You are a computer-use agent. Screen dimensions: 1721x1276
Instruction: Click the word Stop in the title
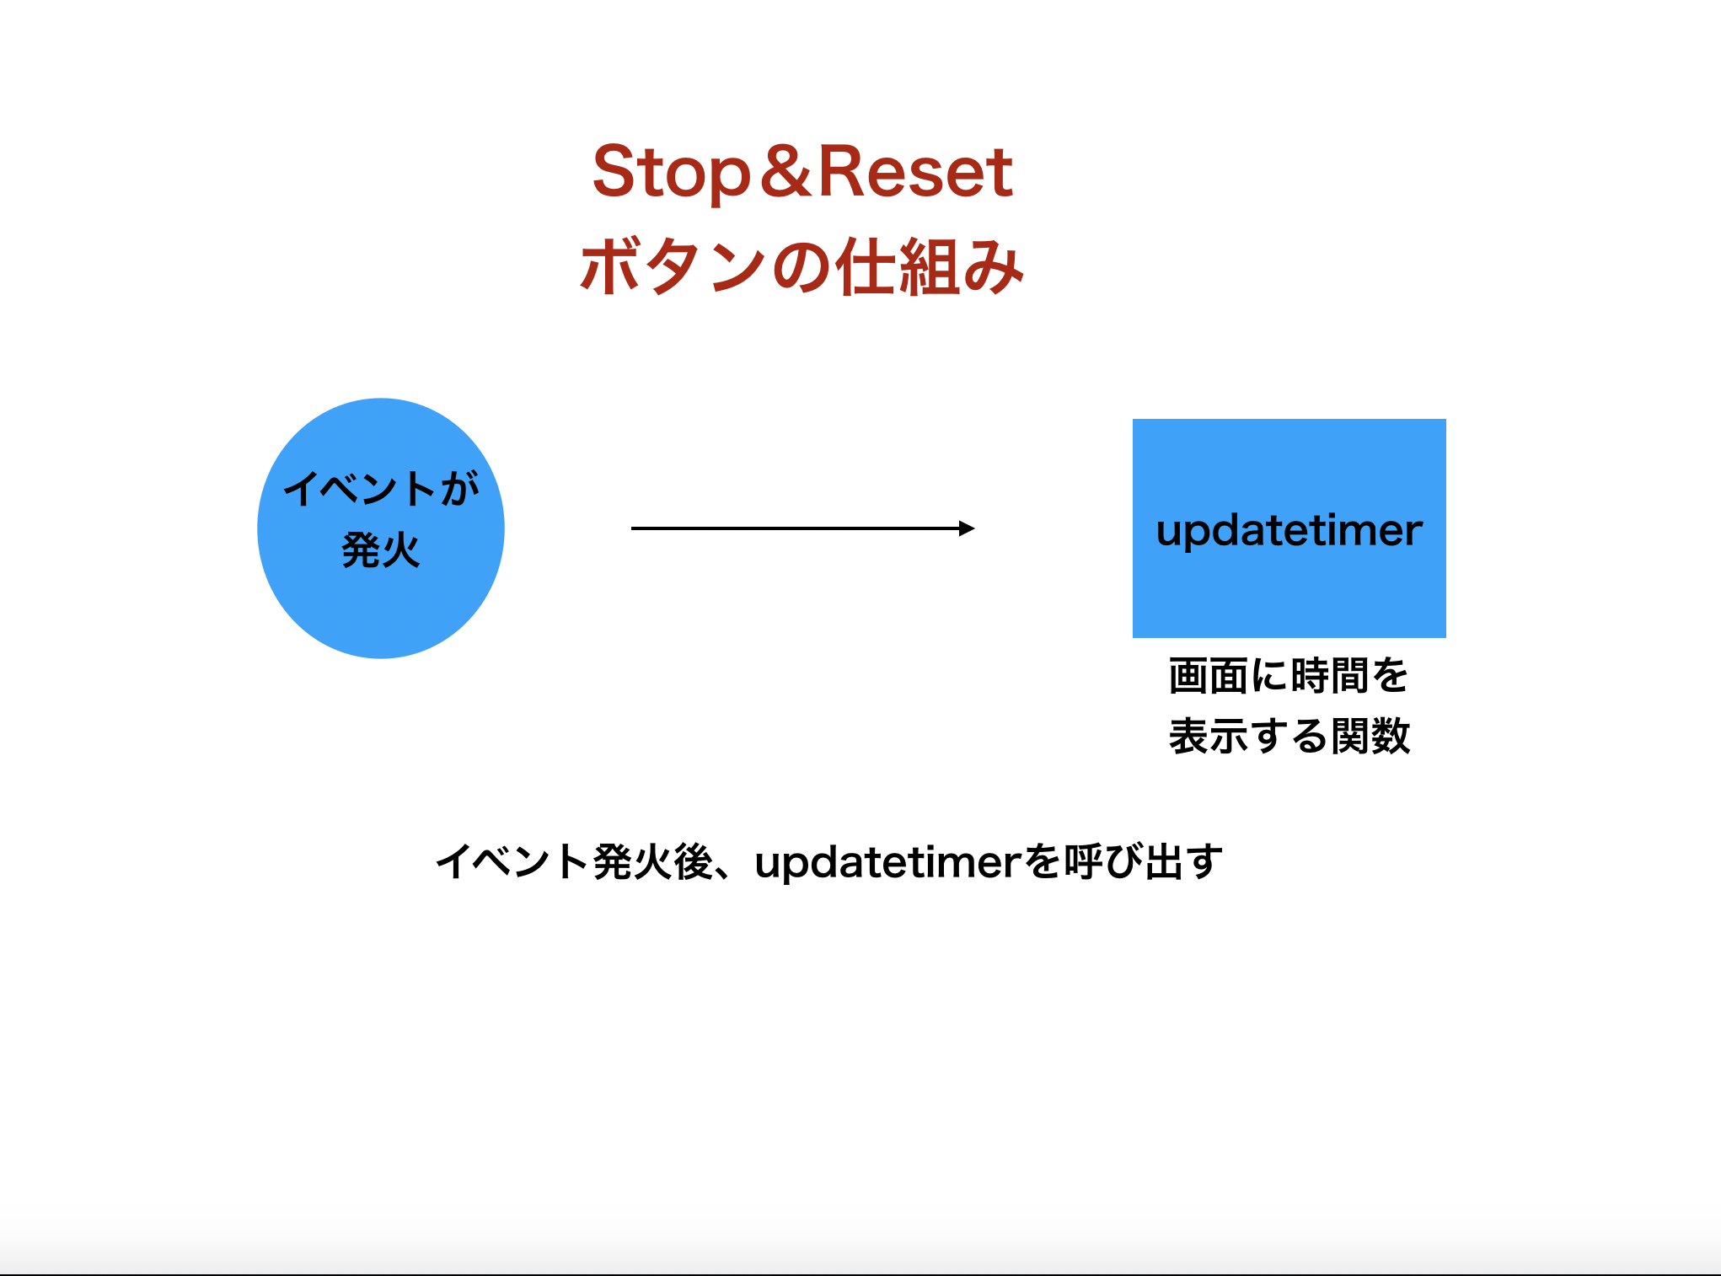[671, 173]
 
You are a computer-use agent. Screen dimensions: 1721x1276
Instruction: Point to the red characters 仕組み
[930, 266]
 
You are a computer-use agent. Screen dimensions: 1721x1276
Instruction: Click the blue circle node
[381, 528]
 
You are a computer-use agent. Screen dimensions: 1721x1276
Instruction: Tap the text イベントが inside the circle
[381, 488]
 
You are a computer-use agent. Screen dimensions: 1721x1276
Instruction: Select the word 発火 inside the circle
[381, 551]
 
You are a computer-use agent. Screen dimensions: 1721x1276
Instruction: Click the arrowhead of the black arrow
[968, 528]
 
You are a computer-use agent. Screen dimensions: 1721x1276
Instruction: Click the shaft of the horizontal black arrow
[796, 528]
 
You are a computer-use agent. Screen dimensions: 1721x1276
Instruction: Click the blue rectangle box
[1289, 528]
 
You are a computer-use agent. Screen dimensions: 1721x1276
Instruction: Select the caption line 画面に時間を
[1289, 676]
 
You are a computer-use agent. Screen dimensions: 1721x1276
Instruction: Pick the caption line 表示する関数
[1289, 736]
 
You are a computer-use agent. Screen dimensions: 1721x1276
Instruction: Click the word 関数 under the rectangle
[1370, 736]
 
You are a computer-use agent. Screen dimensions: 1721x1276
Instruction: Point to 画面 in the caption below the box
[1209, 676]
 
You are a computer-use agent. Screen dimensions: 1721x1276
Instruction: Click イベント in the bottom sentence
[512, 862]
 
